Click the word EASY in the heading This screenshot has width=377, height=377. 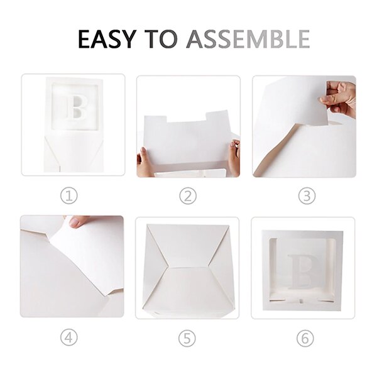[x=107, y=39]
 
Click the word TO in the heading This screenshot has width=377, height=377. [x=161, y=39]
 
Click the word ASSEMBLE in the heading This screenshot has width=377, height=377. [x=248, y=39]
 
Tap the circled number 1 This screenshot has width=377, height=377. [x=68, y=196]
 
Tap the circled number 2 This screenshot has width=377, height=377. [x=188, y=196]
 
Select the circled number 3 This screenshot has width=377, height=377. [x=307, y=196]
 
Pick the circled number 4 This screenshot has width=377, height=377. [x=68, y=337]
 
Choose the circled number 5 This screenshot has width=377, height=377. [x=187, y=339]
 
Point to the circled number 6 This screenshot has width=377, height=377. [x=305, y=339]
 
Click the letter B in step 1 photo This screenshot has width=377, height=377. [x=77, y=107]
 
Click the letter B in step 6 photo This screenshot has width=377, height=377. [x=303, y=271]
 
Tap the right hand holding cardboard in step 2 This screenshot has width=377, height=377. [x=234, y=158]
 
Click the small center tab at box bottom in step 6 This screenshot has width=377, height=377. [x=301, y=300]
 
